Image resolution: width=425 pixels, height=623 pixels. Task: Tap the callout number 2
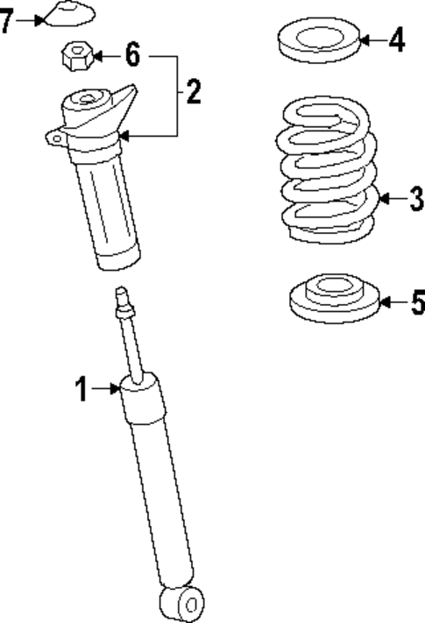point(193,90)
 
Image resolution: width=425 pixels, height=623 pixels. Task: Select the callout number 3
point(415,199)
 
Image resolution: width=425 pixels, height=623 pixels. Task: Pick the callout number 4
point(396,39)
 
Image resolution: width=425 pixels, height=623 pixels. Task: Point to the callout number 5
point(415,303)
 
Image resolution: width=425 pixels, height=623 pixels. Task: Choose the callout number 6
point(131,56)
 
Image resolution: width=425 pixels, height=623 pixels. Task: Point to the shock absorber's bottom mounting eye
point(181,604)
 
